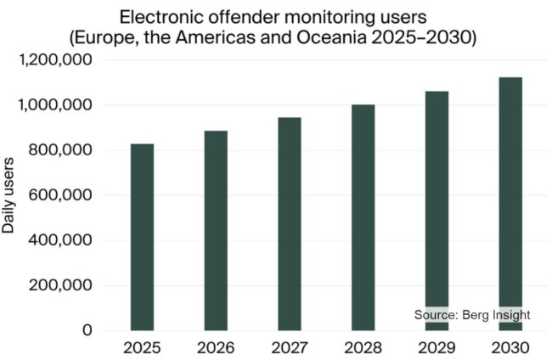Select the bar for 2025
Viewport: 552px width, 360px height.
142,237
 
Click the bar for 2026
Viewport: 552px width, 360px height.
216,230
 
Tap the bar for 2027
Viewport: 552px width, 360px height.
289,224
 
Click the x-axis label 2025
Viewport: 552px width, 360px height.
142,348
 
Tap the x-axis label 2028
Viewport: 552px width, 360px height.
363,348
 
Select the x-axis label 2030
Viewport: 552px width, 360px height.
510,348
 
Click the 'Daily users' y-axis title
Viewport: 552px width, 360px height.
10,195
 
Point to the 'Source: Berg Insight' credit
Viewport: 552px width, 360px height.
472,315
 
